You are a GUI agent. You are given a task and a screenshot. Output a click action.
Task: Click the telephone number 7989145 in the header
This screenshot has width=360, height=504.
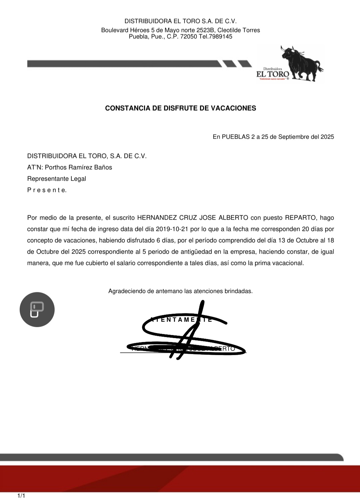tap(220, 37)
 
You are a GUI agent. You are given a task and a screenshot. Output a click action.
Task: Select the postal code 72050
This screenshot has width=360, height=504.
tap(189, 37)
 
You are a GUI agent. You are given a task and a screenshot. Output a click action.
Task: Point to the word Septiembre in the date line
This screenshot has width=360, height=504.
tap(294, 137)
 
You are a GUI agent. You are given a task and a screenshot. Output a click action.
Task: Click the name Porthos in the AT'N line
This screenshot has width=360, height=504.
tap(56, 168)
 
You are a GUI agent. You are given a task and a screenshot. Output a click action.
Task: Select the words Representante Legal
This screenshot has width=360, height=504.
tap(57, 179)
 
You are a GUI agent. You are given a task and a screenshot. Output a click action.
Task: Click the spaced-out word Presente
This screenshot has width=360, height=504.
tap(47, 190)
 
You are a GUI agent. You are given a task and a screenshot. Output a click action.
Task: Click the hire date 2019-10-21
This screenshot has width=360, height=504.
tap(172, 229)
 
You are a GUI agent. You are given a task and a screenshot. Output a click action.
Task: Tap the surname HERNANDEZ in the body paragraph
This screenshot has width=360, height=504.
tap(157, 218)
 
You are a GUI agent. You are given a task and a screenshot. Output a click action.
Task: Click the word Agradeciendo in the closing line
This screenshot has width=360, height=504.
tap(127, 291)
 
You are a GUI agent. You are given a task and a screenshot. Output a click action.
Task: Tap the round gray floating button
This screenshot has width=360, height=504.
tap(37, 309)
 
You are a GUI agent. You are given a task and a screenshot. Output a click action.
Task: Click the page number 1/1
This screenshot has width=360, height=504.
tap(21, 496)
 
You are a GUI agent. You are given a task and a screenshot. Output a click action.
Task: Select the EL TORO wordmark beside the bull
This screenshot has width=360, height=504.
tap(273, 74)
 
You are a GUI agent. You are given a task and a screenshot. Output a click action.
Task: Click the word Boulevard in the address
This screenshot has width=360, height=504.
tap(115, 30)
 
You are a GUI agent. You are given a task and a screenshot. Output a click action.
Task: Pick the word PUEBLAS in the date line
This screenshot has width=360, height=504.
tap(236, 137)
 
